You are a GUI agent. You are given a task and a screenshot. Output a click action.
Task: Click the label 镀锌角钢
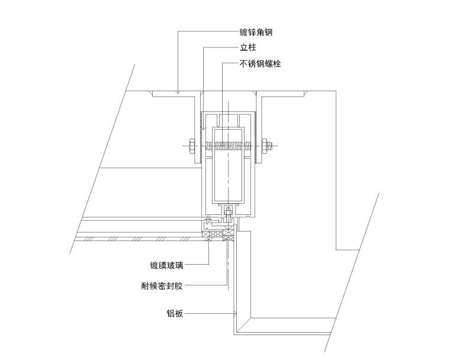click(x=256, y=32)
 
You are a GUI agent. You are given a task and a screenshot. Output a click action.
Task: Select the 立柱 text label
click(x=248, y=47)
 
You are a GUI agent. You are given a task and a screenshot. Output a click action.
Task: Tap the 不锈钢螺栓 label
click(x=260, y=63)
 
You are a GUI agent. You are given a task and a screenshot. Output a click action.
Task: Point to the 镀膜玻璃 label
click(x=166, y=265)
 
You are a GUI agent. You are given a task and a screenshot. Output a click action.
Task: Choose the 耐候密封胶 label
click(x=162, y=285)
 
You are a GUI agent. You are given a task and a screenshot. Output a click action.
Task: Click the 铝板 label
click(x=175, y=313)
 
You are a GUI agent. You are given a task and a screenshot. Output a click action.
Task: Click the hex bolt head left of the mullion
click(x=192, y=146)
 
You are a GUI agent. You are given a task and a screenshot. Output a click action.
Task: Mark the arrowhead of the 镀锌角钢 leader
click(x=178, y=92)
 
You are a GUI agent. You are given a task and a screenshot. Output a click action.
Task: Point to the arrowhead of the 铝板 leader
click(x=234, y=313)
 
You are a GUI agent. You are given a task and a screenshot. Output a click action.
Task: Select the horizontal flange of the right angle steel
click(x=281, y=94)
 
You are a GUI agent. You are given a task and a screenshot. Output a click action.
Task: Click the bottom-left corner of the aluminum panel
click(x=234, y=335)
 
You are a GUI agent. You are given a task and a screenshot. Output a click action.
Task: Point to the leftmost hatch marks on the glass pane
click(x=89, y=239)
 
